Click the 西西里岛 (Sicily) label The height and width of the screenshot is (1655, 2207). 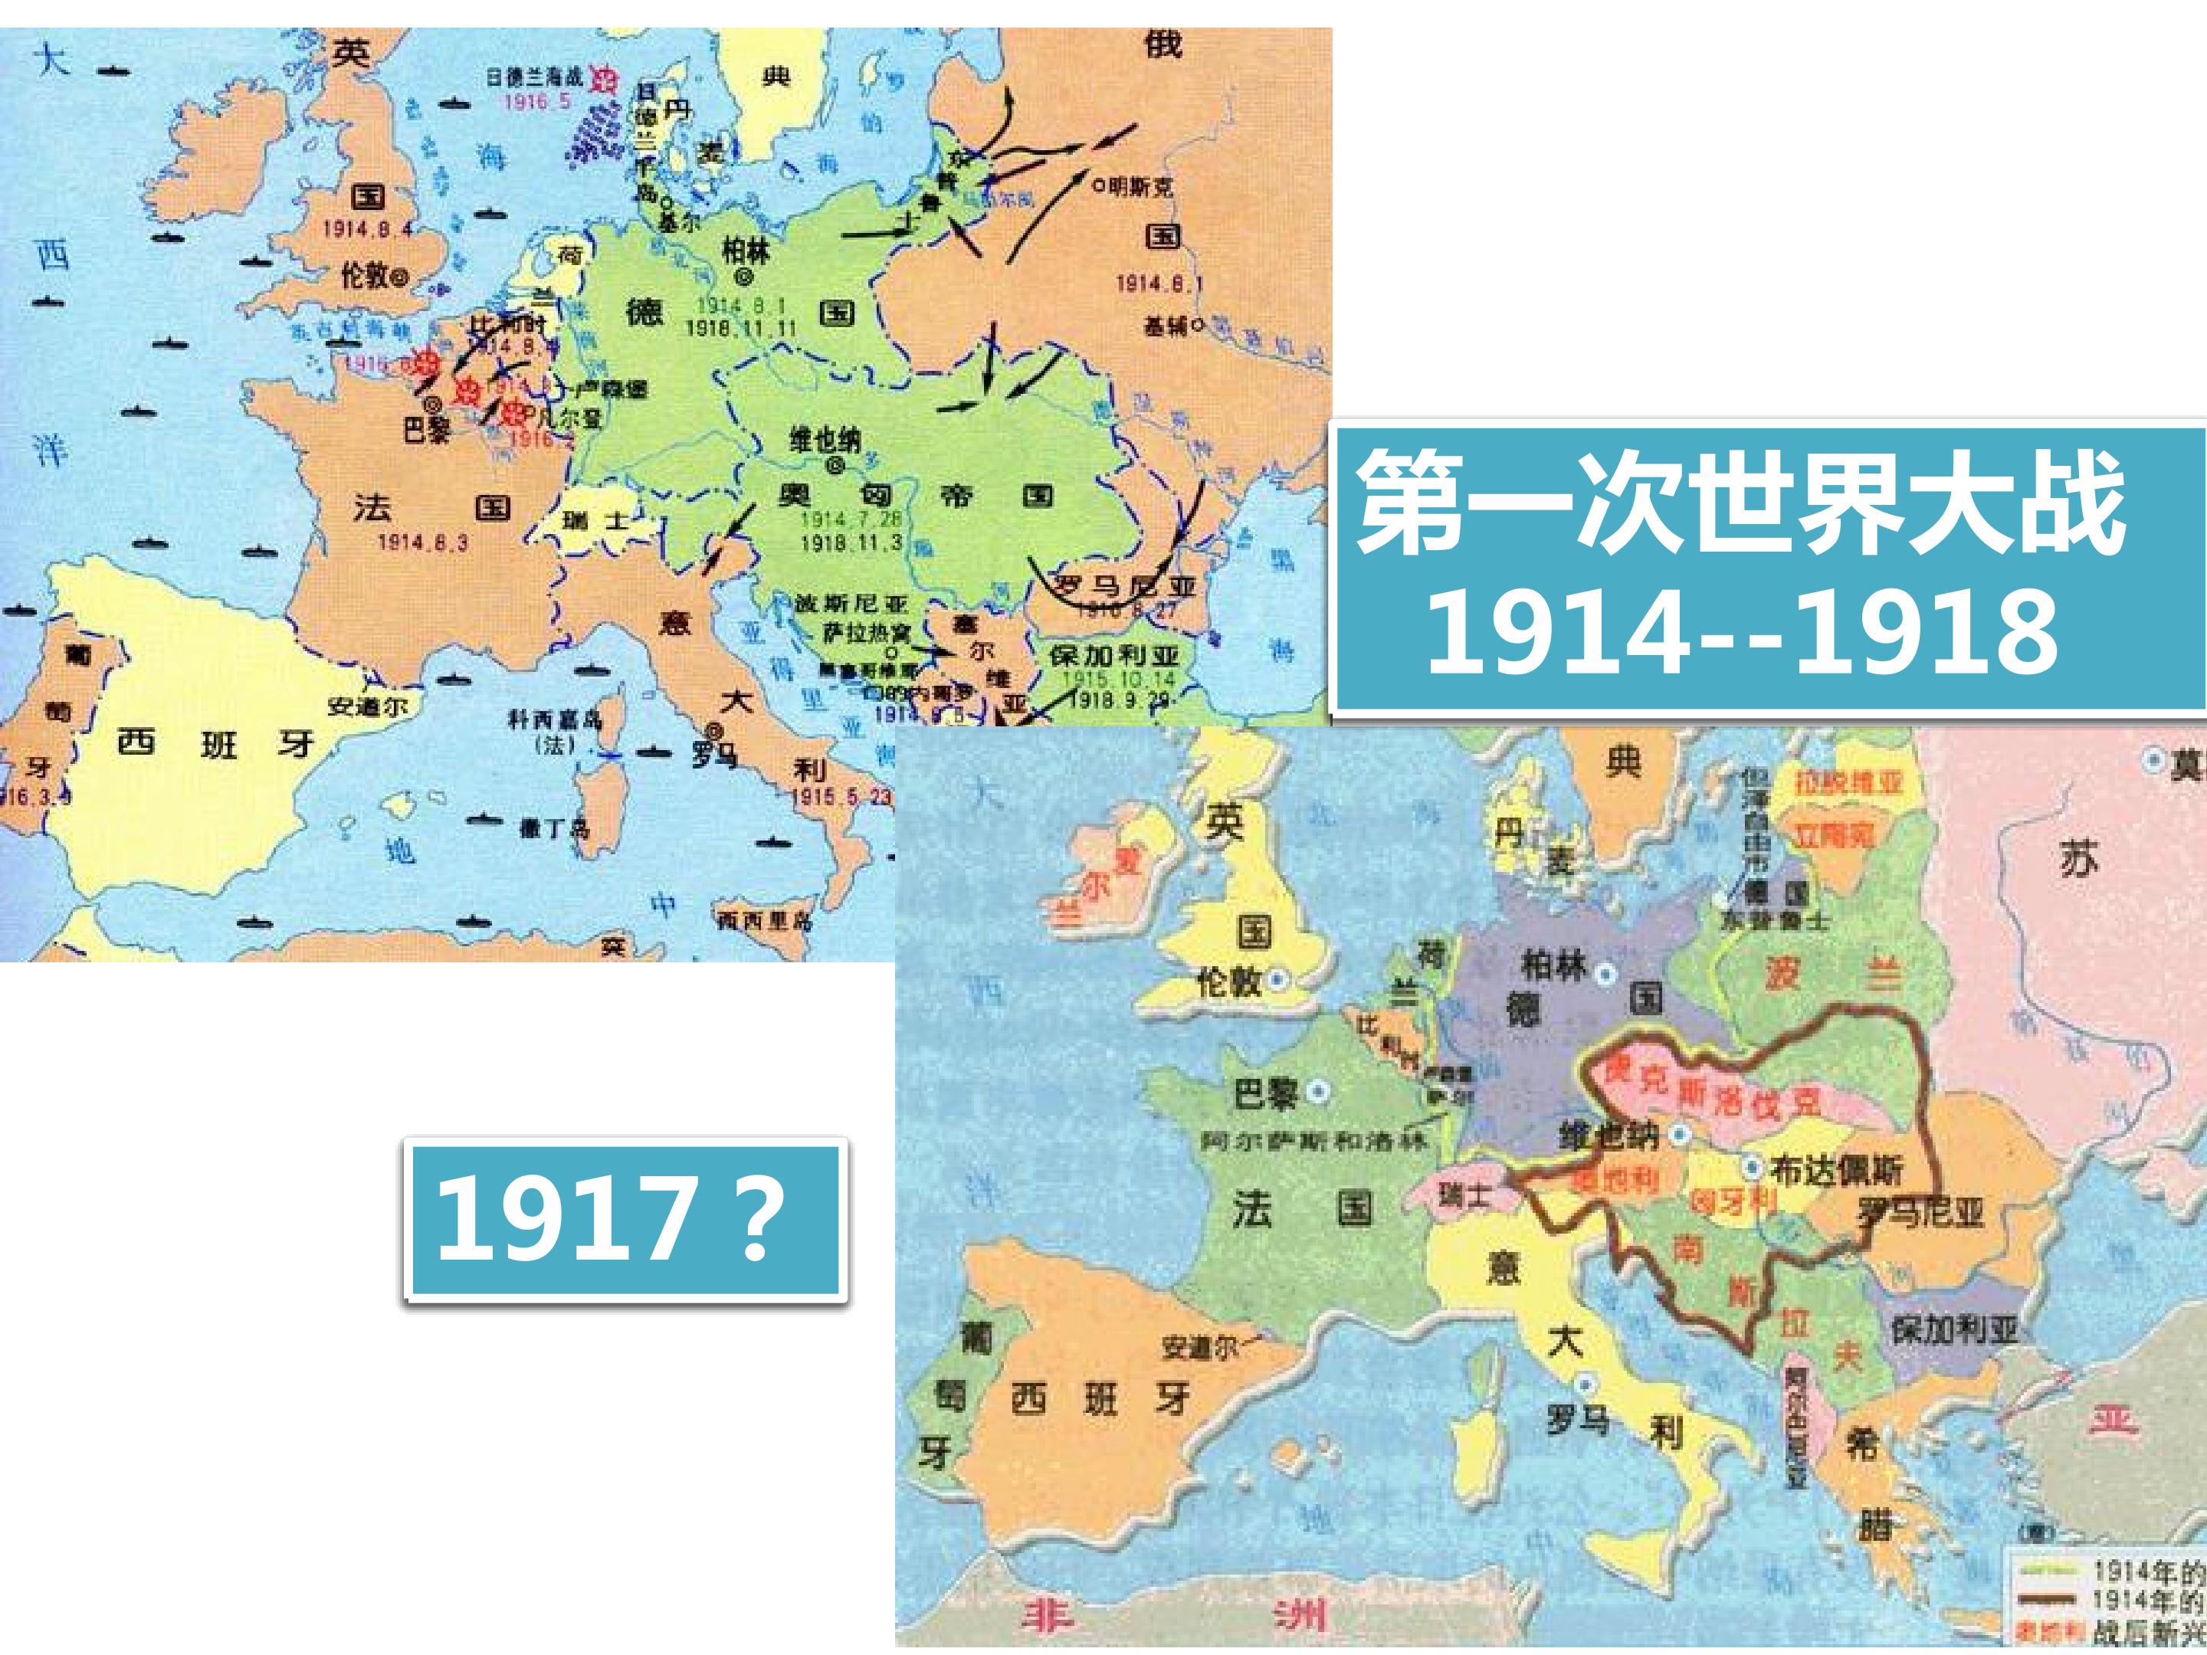point(763,919)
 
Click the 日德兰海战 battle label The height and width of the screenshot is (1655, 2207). point(534,76)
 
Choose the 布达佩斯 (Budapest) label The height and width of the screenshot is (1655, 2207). point(1837,1169)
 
